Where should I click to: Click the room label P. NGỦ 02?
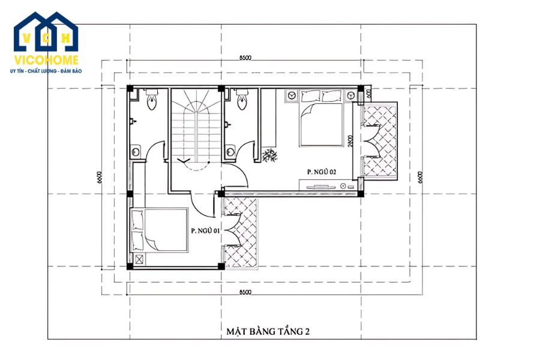click(321, 172)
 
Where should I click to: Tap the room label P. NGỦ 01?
click(205, 230)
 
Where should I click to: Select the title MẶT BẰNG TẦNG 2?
click(268, 331)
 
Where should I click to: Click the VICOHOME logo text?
click(46, 61)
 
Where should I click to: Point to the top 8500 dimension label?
click(245, 58)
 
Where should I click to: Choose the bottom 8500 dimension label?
click(245, 292)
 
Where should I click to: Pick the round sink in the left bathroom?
click(136, 151)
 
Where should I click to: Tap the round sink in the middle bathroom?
click(230, 151)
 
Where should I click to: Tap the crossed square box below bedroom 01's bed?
click(140, 260)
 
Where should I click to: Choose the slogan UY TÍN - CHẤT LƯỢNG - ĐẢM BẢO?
click(46, 71)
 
